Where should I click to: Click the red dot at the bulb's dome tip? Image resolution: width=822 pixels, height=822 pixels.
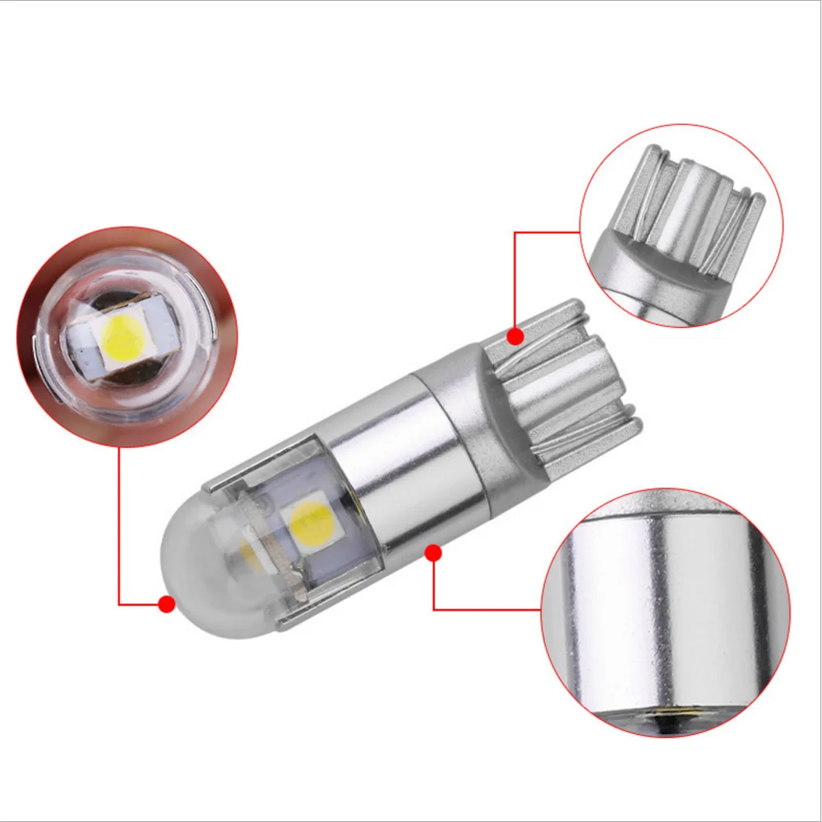pyautogui.click(x=167, y=604)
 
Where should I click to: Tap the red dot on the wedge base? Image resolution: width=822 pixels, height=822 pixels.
pyautogui.click(x=516, y=336)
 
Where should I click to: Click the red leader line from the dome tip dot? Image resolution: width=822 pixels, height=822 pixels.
pyautogui.click(x=120, y=526)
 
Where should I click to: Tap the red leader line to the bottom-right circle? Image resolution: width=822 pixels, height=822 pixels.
pyautogui.click(x=485, y=609)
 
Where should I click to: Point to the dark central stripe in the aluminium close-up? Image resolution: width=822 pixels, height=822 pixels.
pyautogui.click(x=641, y=600)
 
